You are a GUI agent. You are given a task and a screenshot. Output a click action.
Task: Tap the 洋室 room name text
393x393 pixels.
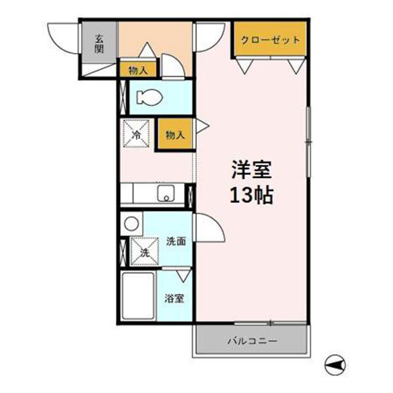coord(251,169)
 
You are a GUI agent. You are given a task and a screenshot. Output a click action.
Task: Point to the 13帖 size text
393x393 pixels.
coord(251,195)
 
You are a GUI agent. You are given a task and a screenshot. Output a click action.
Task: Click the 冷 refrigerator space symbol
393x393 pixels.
coord(138,134)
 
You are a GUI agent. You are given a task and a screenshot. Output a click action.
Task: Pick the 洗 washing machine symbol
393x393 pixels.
coord(143,251)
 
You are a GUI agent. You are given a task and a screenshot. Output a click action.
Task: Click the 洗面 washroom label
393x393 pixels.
coord(176,240)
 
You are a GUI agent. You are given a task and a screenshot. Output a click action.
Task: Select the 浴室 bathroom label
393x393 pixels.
coord(174,298)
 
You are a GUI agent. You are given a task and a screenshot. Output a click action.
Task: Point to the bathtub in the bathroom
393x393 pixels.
coord(138,295)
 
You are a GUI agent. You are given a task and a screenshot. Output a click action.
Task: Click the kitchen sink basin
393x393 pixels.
coord(166,195)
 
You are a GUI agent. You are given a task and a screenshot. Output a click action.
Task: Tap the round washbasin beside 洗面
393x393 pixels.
coord(132,223)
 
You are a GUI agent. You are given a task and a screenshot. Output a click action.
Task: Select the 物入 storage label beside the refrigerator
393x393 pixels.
coord(175,135)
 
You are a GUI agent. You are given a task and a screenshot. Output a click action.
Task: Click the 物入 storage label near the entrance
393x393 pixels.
coord(138,69)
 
